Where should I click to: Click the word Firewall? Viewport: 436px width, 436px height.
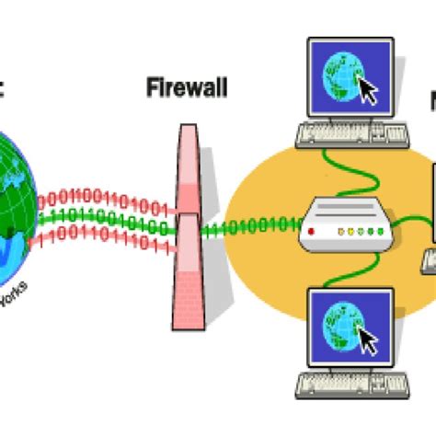coord(187,89)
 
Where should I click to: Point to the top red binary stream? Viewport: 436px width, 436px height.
coord(101,201)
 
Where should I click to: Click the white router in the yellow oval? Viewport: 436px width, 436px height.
coord(345,224)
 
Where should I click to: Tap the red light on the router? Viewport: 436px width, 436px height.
coord(311,232)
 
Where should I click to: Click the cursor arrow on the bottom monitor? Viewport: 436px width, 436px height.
coord(368,341)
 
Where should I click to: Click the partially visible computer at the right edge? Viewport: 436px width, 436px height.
coord(429,221)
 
